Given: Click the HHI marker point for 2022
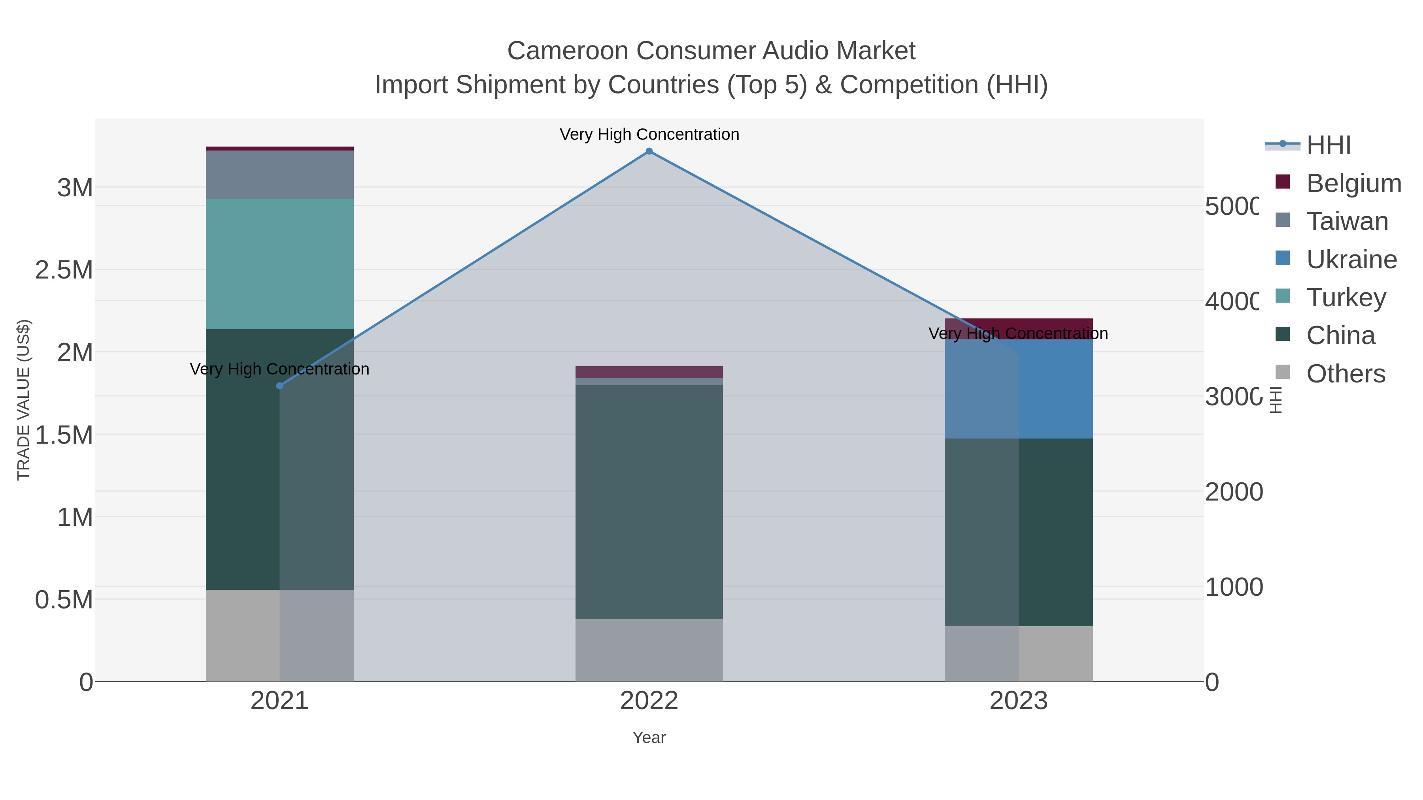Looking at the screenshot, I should click(x=649, y=151).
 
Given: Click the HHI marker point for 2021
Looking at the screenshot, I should click(x=279, y=386).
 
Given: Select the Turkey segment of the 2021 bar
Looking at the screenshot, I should click(x=279, y=264).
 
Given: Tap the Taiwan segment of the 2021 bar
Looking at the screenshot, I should click(x=279, y=175).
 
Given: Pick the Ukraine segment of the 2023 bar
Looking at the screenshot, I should click(x=1019, y=389).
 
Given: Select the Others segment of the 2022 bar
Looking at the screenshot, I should click(x=649, y=650).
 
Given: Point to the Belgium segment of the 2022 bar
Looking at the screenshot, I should click(x=649, y=372).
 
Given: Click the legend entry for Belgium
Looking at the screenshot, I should click(x=1353, y=183).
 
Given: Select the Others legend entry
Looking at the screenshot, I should click(x=1345, y=374).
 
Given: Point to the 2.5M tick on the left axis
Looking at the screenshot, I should click(x=64, y=270).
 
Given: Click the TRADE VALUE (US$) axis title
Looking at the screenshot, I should click(x=23, y=400).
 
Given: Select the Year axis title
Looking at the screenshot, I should click(x=649, y=738).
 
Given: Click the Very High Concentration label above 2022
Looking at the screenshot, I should click(x=649, y=134).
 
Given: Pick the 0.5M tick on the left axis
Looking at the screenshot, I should click(x=64, y=600).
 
